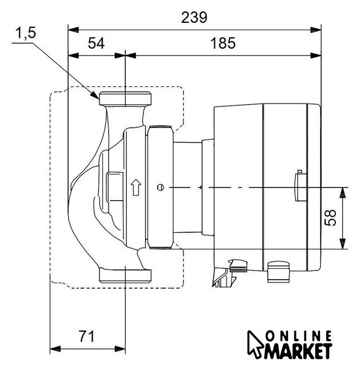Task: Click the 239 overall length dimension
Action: pos(194,18)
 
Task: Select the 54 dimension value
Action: pos(96,43)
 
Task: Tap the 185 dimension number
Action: pos(223,43)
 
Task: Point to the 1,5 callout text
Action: pos(26,33)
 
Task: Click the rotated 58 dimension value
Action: pos(330,217)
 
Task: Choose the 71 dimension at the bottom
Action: pos(87,336)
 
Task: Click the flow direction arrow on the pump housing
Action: pos(136,187)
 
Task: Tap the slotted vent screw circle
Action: pos(161,188)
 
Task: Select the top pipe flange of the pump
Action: pos(125,99)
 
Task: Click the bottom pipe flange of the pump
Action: pos(125,276)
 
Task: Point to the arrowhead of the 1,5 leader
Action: pos(95,95)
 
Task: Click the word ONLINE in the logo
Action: pos(298,337)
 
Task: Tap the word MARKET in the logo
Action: pos(298,351)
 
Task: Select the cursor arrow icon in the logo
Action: pos(255,344)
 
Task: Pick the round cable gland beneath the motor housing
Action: pos(278,272)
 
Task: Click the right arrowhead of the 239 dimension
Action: pos(316,30)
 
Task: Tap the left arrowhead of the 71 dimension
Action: pos(55,349)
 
